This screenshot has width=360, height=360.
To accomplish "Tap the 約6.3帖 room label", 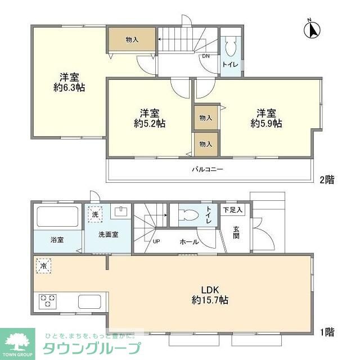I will coord(69,82).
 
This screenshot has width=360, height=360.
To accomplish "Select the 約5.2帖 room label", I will coord(149,118).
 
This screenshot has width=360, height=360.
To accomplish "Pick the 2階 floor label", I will coord(327,180).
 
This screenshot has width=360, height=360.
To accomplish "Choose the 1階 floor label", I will coord(327,332).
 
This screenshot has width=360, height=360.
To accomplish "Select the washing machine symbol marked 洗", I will coord(95,214).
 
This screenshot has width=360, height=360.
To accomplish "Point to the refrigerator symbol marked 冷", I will coord(43,265).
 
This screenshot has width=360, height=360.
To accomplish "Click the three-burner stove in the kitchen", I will coord(47,301).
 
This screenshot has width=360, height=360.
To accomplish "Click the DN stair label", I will coord(206,56).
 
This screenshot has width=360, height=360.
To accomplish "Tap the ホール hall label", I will coord(188,242).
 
